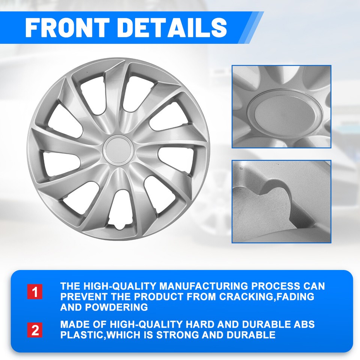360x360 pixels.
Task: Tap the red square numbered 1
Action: [35, 292]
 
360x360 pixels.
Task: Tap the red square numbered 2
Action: [35, 330]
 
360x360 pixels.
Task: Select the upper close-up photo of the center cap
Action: [281, 106]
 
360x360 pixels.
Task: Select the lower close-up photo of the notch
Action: [281, 202]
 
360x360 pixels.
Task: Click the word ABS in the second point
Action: [305, 324]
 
